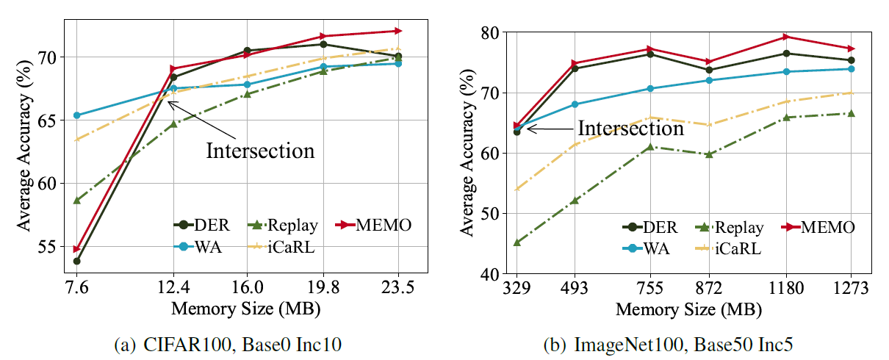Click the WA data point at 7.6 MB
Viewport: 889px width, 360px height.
click(76, 115)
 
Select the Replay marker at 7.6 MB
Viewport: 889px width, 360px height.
click(76, 200)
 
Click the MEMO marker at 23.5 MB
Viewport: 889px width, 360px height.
click(398, 31)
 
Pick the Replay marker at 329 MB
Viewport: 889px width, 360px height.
click(517, 242)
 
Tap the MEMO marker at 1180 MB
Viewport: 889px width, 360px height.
click(785, 37)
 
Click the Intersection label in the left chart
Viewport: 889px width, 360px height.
click(260, 151)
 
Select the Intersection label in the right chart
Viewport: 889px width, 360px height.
click(630, 129)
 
